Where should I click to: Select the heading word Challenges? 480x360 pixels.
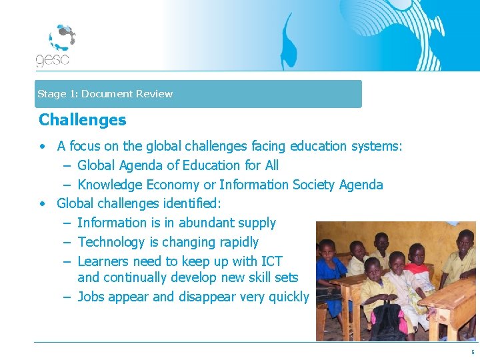(82, 120)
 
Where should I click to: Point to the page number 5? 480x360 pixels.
(473, 352)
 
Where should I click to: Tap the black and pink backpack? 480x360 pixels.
(390, 320)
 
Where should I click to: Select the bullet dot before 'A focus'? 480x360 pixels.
(42, 146)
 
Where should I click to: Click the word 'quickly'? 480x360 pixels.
(288, 297)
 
